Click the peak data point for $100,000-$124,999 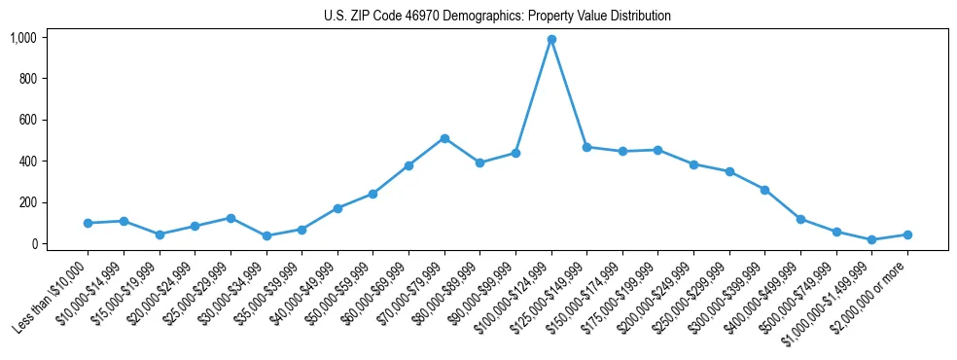pyautogui.click(x=551, y=39)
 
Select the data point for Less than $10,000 pyautogui.click(x=88, y=223)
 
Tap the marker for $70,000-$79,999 pyautogui.click(x=444, y=138)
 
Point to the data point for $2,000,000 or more pyautogui.click(x=907, y=234)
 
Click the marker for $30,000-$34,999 pyautogui.click(x=266, y=235)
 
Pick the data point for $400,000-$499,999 pyautogui.click(x=800, y=219)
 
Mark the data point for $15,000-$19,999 pyautogui.click(x=159, y=234)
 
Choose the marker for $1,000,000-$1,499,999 pyautogui.click(x=871, y=239)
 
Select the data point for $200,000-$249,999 pyautogui.click(x=693, y=164)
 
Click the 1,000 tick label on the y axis pyautogui.click(x=22, y=38)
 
